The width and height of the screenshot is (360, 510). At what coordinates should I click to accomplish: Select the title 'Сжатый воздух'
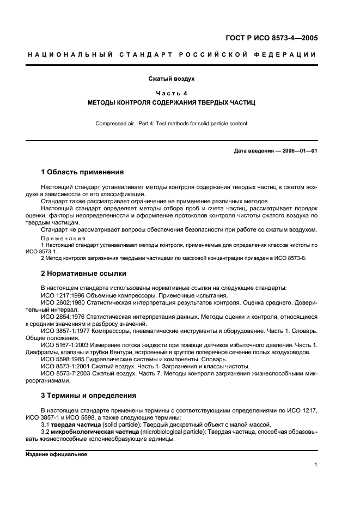[172, 78]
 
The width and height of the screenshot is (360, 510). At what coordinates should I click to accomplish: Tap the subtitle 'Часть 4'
[172, 93]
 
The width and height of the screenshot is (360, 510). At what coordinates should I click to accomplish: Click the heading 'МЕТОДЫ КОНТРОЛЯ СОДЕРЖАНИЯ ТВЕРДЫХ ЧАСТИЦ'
[172, 102]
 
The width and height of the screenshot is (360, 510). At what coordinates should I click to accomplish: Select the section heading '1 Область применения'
[82, 172]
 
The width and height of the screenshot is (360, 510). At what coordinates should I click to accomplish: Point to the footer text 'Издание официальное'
[56, 454]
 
